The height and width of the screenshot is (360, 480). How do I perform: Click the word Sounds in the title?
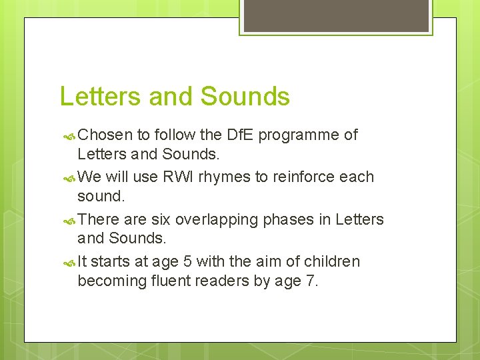[245, 97]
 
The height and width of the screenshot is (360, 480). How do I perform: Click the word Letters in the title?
[101, 97]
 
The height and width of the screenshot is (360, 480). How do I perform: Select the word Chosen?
[105, 135]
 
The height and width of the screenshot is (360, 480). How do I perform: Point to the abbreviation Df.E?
[240, 135]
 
